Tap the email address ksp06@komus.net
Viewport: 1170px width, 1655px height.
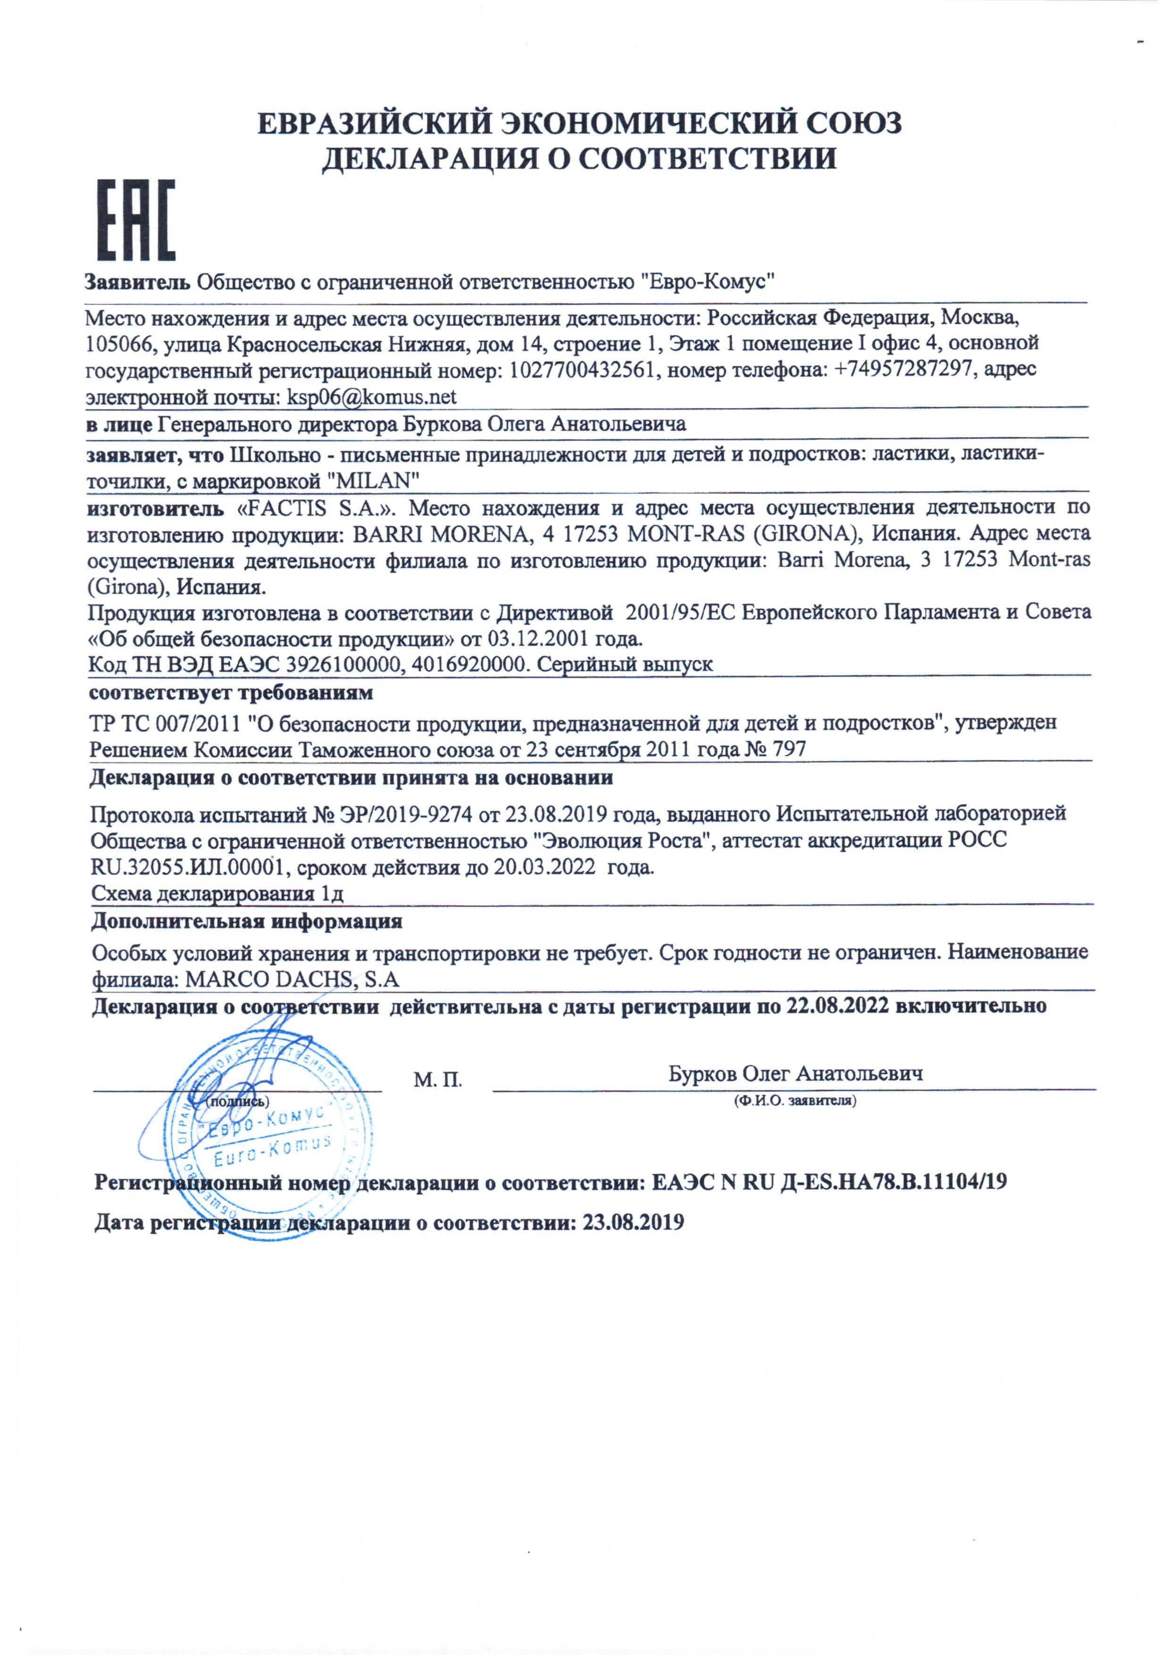click(x=371, y=397)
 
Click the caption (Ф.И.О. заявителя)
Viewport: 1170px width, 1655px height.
click(x=794, y=1101)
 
